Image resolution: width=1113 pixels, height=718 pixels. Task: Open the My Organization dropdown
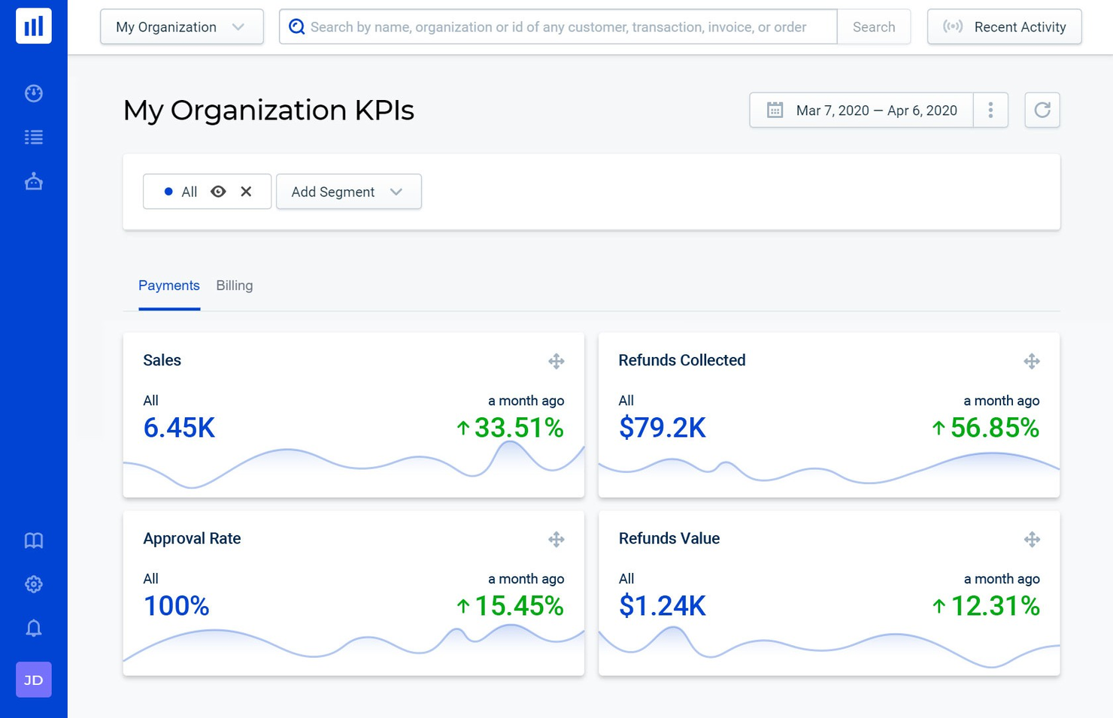(181, 27)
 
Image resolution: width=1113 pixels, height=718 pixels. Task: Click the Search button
(873, 27)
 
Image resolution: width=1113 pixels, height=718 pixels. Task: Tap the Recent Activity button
(1004, 27)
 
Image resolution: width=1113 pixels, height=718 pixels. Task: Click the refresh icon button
(1042, 111)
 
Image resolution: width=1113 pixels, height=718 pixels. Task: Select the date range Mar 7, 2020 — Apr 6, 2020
(862, 111)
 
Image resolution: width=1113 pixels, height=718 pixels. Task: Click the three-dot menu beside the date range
(990, 111)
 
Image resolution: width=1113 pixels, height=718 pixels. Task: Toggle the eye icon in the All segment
(218, 192)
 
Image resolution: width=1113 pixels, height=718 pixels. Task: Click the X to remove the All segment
(246, 192)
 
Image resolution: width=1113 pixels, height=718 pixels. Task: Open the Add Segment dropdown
(348, 192)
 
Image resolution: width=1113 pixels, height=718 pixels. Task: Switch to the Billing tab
(234, 286)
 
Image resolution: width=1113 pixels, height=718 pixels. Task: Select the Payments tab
(169, 286)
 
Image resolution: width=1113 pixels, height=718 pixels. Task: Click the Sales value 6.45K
(179, 428)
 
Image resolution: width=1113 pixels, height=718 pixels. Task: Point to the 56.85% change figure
(993, 428)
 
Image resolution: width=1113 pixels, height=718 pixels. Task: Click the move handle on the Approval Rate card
(556, 539)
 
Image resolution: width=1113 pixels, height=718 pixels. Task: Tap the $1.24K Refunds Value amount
(662, 606)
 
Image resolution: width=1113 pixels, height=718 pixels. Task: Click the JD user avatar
(34, 680)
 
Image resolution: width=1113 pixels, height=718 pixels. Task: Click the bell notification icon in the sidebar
(34, 628)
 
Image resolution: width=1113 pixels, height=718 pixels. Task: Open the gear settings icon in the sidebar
(34, 584)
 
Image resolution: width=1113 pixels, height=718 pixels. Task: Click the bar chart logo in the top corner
(34, 26)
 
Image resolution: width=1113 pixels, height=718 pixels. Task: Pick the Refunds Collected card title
(681, 360)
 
